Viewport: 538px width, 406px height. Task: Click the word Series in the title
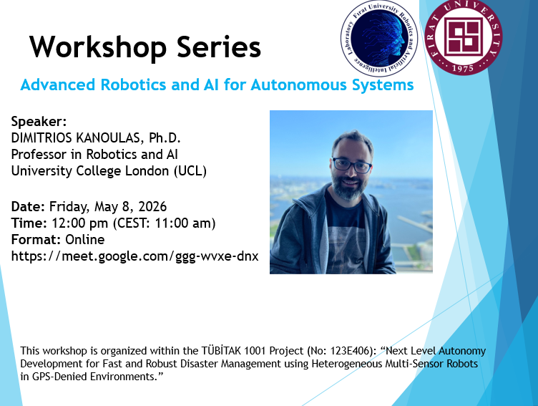click(x=219, y=47)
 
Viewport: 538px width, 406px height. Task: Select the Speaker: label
click(x=39, y=122)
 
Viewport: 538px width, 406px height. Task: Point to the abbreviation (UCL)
click(x=190, y=171)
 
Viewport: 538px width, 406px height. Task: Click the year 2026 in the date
click(x=152, y=207)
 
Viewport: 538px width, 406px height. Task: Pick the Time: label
click(x=29, y=223)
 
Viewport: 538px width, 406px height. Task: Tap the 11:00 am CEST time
click(x=182, y=223)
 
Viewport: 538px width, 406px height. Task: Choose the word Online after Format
click(x=84, y=240)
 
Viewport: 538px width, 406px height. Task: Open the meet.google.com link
click(x=134, y=256)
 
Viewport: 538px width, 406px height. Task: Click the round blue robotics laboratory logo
click(x=378, y=39)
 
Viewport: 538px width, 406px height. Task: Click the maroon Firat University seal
click(x=463, y=37)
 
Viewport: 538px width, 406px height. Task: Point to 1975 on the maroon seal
click(x=463, y=68)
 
